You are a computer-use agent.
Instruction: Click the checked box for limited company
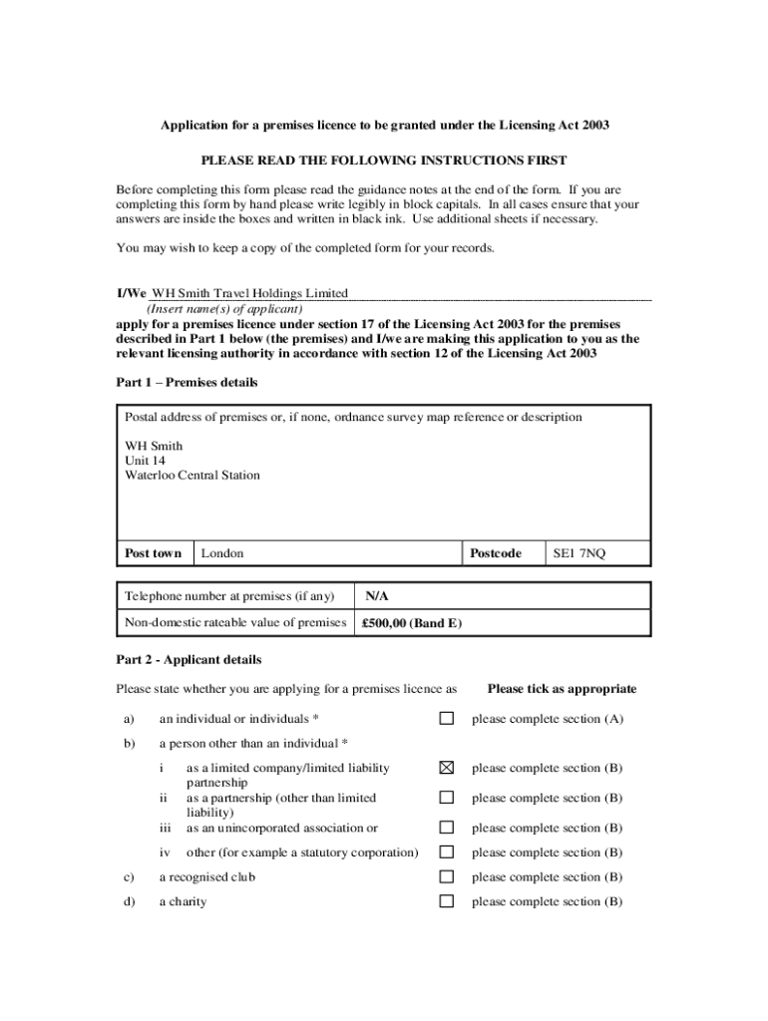pos(447,768)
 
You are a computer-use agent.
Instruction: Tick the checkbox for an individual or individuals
pos(447,718)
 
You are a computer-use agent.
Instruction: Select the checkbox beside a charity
pos(447,901)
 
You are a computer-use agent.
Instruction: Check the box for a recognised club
pos(447,876)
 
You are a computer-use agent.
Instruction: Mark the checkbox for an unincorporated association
pos(447,828)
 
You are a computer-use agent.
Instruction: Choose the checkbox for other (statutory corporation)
pos(447,852)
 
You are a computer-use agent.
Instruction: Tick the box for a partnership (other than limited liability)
pos(447,798)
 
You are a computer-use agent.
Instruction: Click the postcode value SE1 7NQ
pos(579,553)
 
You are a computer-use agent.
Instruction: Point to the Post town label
pos(154,553)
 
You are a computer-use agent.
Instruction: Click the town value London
pos(222,553)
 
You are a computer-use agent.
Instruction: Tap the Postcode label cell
pos(496,553)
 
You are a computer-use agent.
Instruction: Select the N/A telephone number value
pos(376,596)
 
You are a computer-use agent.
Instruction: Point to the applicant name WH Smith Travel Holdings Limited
pos(249,293)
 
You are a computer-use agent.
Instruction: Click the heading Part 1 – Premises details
pos(187,382)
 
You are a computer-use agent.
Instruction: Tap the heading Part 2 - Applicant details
pos(189,659)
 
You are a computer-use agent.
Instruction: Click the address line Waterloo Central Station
pos(192,476)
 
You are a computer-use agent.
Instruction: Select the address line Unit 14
pos(145,461)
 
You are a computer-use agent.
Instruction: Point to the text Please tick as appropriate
pos(562,689)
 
